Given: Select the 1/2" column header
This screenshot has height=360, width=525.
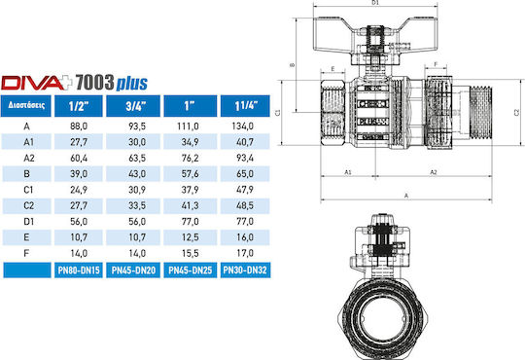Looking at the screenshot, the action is pyautogui.click(x=79, y=106).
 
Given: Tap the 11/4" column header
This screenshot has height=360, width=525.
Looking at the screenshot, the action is pyautogui.click(x=245, y=106).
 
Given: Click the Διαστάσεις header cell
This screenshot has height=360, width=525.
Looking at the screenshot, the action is pyautogui.click(x=26, y=106).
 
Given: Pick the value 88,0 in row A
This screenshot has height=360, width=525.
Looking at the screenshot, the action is pyautogui.click(x=79, y=126).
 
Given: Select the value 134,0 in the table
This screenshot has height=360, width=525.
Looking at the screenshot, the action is pyautogui.click(x=243, y=126).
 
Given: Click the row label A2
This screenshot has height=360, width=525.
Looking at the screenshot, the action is pyautogui.click(x=29, y=158).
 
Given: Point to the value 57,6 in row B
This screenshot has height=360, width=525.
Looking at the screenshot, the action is pyautogui.click(x=191, y=174).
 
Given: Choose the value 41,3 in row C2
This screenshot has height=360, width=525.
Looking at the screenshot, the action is pyautogui.click(x=191, y=205).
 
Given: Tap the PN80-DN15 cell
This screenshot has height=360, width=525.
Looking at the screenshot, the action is pyautogui.click(x=79, y=270).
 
